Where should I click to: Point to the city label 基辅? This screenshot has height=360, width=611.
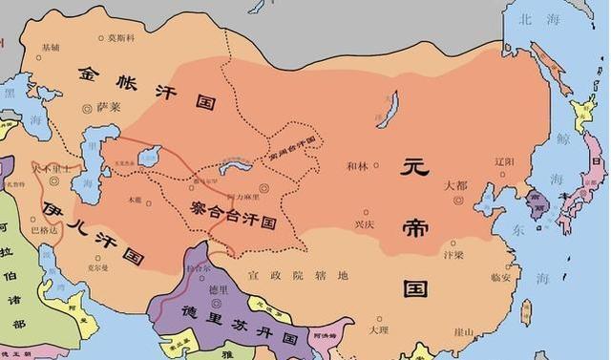(49, 47)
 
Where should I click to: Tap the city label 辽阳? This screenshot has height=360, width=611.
(504, 162)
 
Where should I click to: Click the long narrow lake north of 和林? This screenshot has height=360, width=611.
(386, 110)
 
